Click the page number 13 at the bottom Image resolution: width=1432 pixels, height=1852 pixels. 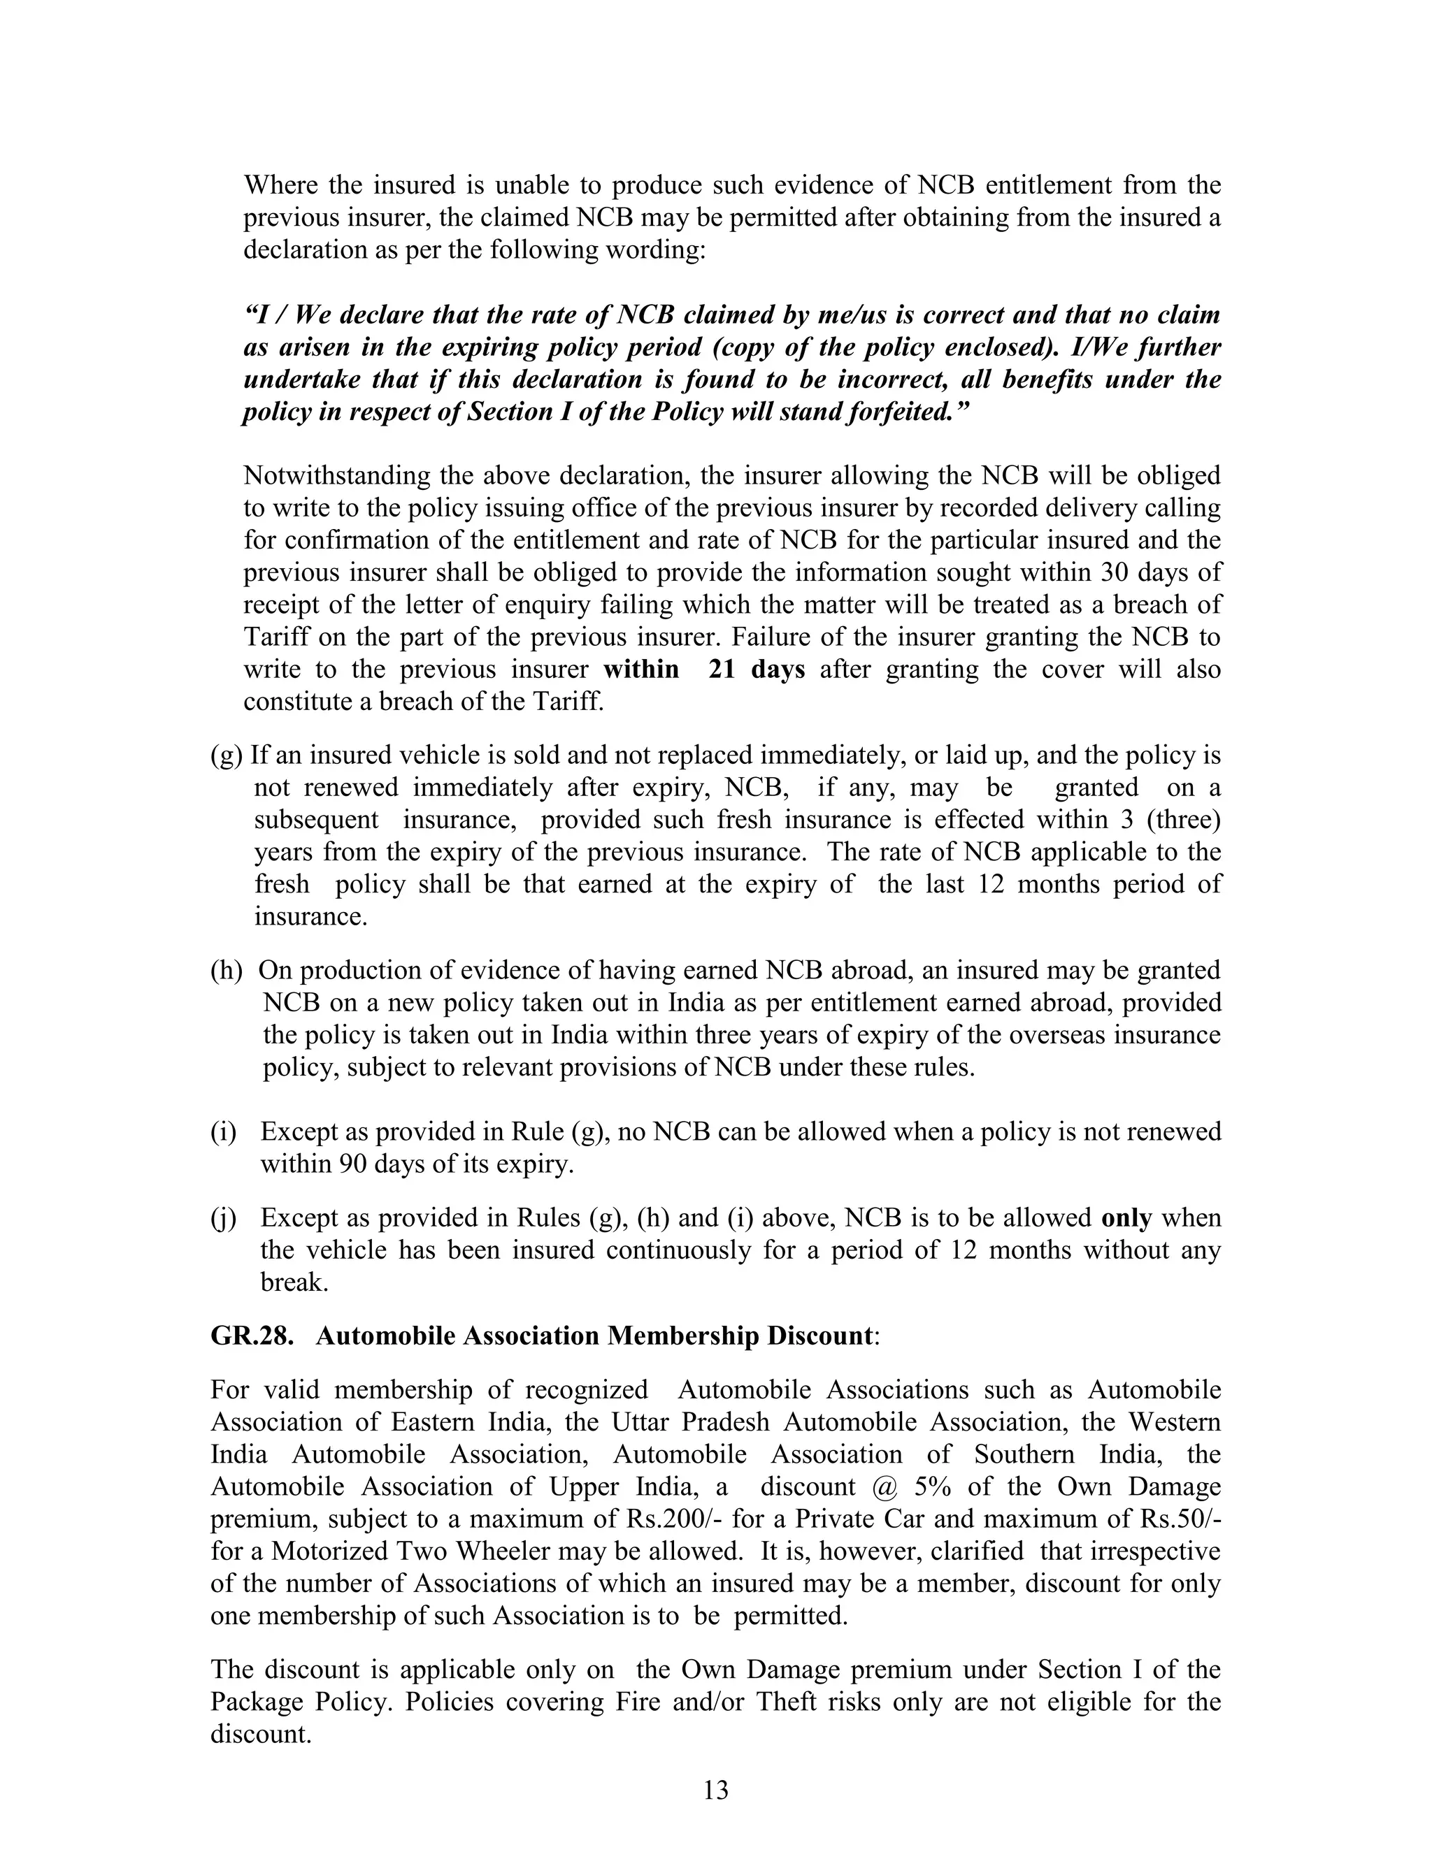715,1790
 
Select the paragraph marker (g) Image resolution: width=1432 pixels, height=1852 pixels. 227,755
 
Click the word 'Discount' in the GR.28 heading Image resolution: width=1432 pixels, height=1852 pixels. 819,1336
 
